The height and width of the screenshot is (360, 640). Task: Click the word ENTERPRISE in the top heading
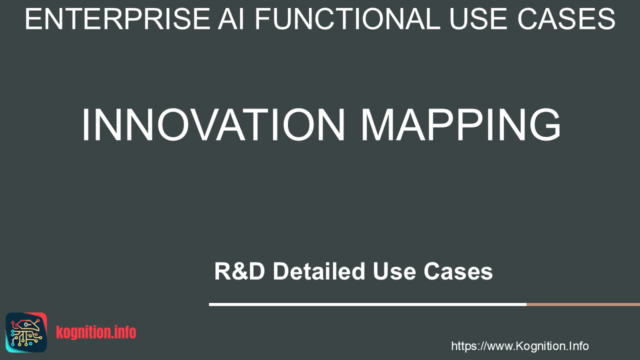tap(117, 19)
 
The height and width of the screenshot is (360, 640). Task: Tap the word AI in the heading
tap(231, 19)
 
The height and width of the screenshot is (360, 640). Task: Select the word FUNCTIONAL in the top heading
tap(347, 19)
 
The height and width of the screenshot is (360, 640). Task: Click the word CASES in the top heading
tap(566, 19)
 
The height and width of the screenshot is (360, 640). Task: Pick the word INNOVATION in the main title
tap(213, 124)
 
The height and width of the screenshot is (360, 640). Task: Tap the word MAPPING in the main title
tap(461, 124)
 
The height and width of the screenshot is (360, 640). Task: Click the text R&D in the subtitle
tap(239, 271)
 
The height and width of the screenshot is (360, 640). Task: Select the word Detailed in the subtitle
tap(319, 271)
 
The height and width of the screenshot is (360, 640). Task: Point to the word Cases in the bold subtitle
tap(458, 271)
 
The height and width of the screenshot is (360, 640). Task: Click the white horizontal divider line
tap(367, 304)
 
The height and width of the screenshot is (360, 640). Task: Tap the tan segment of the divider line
tap(583, 304)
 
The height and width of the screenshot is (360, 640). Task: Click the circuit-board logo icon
tap(26, 332)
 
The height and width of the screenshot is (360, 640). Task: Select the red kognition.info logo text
tap(96, 332)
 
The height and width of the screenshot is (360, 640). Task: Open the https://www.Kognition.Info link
tap(520, 346)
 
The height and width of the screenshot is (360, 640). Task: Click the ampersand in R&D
tap(240, 271)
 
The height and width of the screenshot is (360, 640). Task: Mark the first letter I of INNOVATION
tap(84, 124)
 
